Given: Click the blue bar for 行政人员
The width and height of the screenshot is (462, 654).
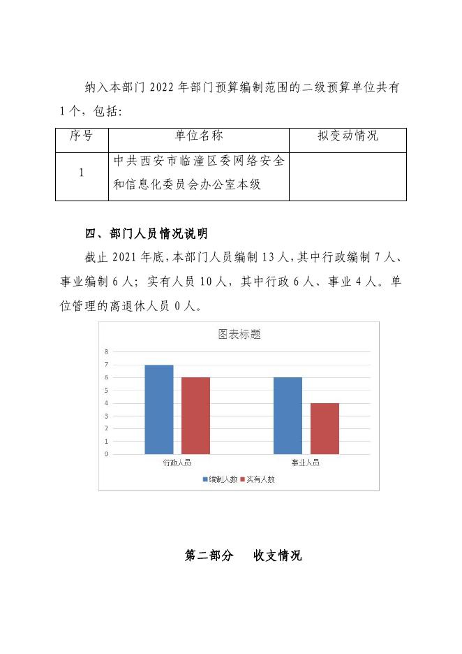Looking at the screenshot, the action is point(159,409).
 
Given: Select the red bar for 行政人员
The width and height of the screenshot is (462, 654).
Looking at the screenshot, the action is point(195,416).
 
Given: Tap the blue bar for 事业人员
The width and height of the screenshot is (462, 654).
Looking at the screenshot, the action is point(288,416).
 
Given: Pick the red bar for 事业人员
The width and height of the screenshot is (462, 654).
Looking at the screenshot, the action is point(325,428).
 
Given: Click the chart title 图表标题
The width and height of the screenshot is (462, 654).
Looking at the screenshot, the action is point(239,335).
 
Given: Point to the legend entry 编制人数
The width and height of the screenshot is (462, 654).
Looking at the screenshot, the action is point(219,479).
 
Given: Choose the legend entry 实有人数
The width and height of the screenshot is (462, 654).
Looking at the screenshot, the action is point(257,479).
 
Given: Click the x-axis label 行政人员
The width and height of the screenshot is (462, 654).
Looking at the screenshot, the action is point(177,463).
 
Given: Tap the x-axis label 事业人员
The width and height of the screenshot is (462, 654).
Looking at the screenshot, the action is point(306,463).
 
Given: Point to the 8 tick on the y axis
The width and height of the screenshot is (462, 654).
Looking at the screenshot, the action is point(107,351).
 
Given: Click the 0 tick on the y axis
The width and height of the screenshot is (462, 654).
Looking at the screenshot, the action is point(107,454).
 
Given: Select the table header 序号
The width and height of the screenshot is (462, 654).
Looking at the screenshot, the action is point(82,136).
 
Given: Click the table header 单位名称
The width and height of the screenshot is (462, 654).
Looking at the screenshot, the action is point(199,136).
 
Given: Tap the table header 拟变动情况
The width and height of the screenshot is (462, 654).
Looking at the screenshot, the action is point(348,136).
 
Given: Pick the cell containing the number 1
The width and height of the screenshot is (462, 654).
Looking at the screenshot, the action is point(82,173).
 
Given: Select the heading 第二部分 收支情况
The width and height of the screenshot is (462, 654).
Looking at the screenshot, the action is point(243,556).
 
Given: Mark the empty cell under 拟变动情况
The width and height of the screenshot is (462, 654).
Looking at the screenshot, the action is point(348,176).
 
